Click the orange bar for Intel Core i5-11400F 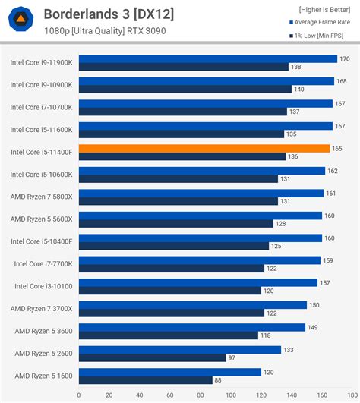click(204, 148)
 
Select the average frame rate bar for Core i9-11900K click(207, 58)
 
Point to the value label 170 click(345, 58)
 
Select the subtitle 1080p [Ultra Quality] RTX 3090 click(105, 31)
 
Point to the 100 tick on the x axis click(230, 395)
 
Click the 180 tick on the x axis click(352, 395)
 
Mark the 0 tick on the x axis click(78, 395)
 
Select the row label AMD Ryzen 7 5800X click(42, 197)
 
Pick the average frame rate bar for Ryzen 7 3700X click(192, 305)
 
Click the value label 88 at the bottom click(218, 380)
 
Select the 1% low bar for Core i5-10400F click(173, 246)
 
